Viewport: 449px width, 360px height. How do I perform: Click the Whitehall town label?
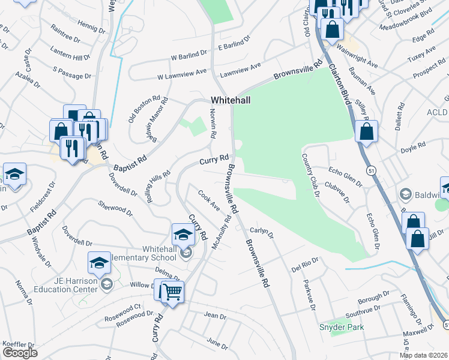pyautogui.click(x=230, y=100)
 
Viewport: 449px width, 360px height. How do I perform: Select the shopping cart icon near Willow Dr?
pyautogui.click(x=173, y=292)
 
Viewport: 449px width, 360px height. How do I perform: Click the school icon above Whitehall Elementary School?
pyautogui.click(x=183, y=235)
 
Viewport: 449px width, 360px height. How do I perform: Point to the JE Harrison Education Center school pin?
pyautogui.click(x=99, y=262)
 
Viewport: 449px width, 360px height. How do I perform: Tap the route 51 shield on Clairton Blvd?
pyautogui.click(x=372, y=171)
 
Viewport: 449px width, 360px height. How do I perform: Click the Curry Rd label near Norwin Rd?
pyautogui.click(x=214, y=160)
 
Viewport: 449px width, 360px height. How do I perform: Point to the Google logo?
pyautogui.click(x=20, y=353)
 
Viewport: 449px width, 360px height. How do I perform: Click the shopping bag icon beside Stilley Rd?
pyautogui.click(x=366, y=131)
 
